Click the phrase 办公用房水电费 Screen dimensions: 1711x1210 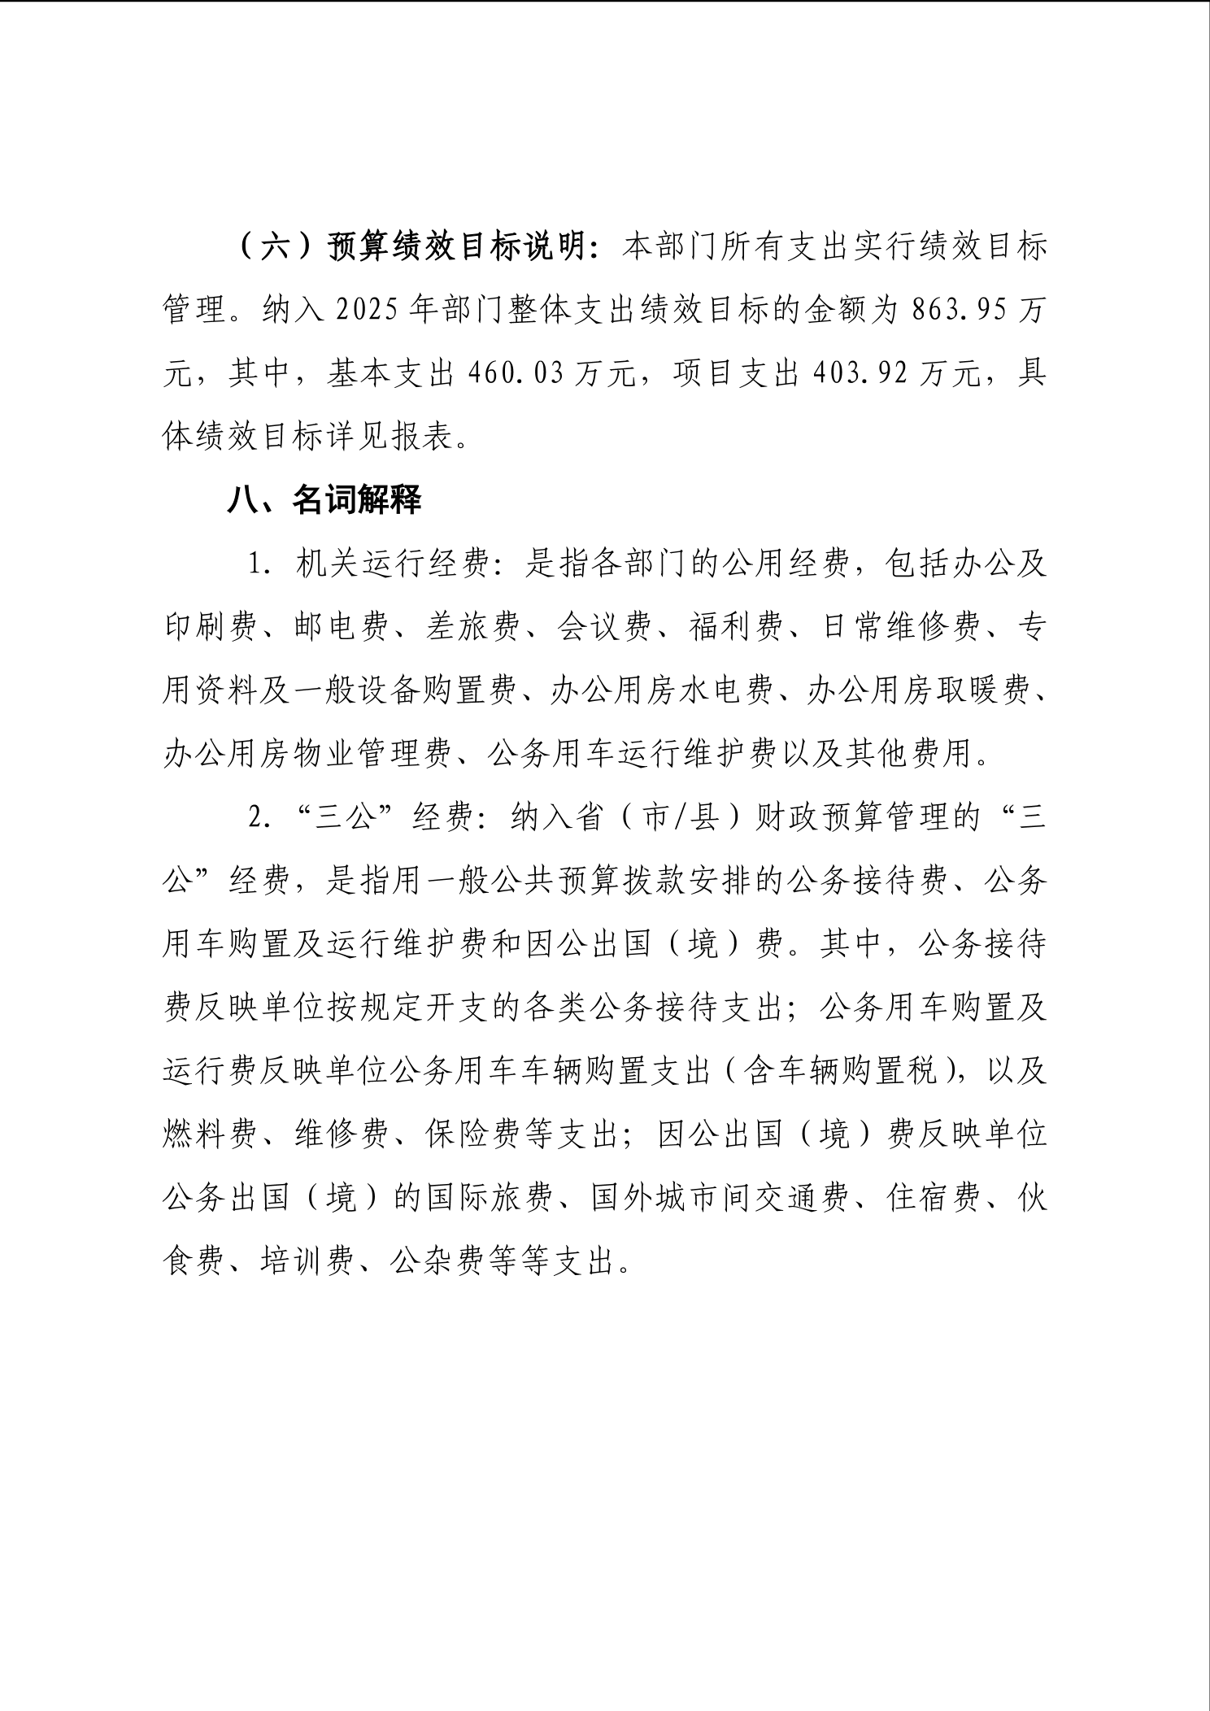tap(661, 691)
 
